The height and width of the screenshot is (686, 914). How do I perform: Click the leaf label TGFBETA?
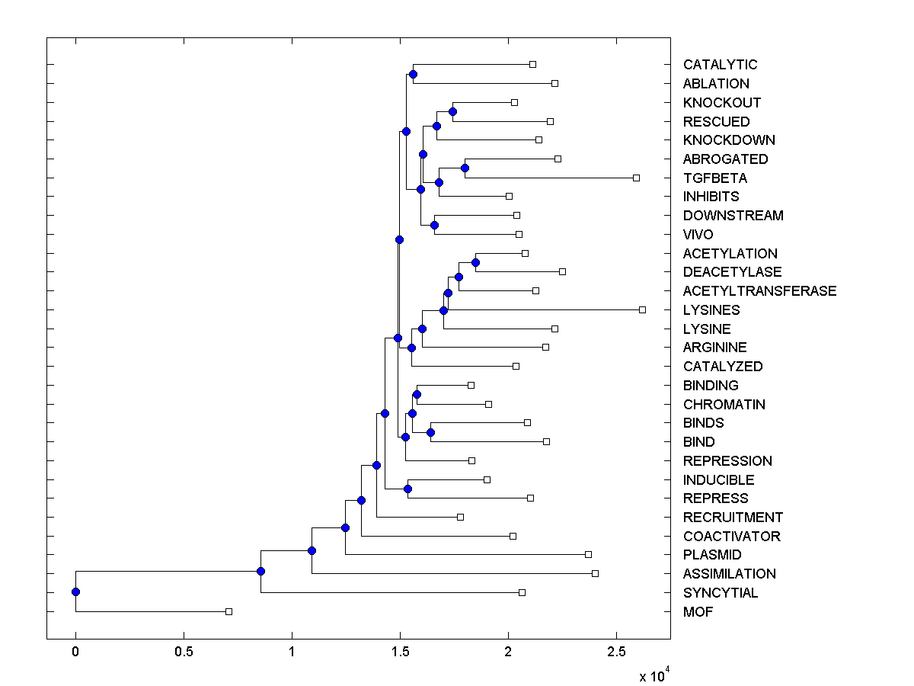[714, 178]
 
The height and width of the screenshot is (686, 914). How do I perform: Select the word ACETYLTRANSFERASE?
[759, 291]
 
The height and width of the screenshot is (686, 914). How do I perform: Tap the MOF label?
[698, 612]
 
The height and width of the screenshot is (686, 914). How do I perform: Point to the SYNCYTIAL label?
[720, 593]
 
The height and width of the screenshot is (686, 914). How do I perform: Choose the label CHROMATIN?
[724, 405]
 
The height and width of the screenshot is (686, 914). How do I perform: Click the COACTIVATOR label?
[731, 537]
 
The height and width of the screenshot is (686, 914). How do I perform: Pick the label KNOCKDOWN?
[729, 140]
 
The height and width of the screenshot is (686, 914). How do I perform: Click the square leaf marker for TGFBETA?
[636, 178]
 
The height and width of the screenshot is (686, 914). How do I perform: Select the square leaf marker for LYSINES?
[642, 309]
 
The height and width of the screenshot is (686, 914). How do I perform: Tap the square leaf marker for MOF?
[228, 611]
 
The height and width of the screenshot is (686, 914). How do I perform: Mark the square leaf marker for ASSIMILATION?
[595, 573]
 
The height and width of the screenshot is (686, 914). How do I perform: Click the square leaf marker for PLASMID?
[588, 554]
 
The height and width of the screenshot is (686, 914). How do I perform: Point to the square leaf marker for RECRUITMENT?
[460, 517]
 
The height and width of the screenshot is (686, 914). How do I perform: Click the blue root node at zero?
[75, 592]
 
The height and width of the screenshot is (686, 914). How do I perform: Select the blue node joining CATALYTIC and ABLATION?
[413, 74]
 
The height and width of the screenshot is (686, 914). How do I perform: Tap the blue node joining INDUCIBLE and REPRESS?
[407, 489]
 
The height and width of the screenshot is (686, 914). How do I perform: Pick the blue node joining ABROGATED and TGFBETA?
[465, 168]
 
